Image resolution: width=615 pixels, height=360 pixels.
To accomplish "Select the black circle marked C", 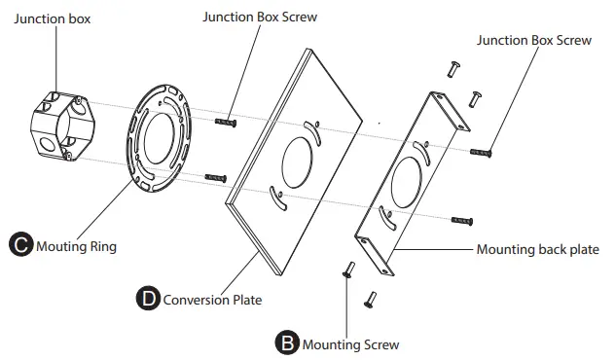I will pos(19,246).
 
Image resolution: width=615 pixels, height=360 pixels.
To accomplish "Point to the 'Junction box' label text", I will pos(53,18).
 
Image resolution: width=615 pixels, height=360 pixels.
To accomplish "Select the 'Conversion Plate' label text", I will pos(212,300).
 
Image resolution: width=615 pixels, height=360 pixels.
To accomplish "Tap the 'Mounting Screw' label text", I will pos(350,343).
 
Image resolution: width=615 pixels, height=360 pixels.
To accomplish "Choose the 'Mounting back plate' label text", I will pos(537,249).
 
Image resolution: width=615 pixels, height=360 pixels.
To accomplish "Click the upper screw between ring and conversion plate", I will pos(226,121).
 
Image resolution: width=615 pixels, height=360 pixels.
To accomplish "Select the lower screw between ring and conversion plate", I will pos(216,178).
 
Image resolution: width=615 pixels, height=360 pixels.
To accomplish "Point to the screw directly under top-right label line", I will pos(482,152).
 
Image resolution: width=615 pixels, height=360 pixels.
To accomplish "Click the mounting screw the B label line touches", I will pos(346,271).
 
